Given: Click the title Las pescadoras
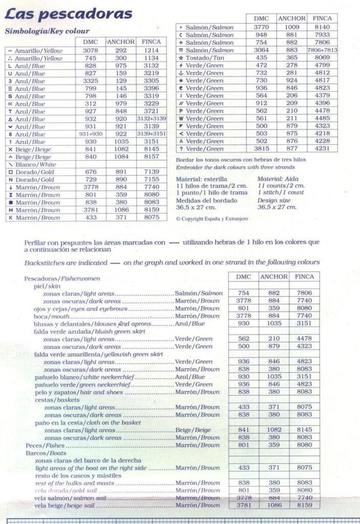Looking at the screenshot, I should (x=68, y=14).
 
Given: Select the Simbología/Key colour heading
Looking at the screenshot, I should (x=47, y=31).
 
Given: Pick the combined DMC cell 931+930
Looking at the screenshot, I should (x=90, y=134).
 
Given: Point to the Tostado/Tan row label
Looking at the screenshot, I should (x=203, y=58).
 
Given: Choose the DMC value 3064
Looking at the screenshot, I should (x=261, y=50).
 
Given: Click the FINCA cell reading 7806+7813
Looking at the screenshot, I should (x=322, y=50).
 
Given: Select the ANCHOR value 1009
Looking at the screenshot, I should (x=291, y=27).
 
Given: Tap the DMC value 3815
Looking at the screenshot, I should (x=261, y=148).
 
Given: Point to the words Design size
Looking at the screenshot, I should (x=273, y=200).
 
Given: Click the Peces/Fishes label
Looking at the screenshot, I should (x=45, y=445).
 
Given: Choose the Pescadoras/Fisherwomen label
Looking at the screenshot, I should (x=62, y=278).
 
